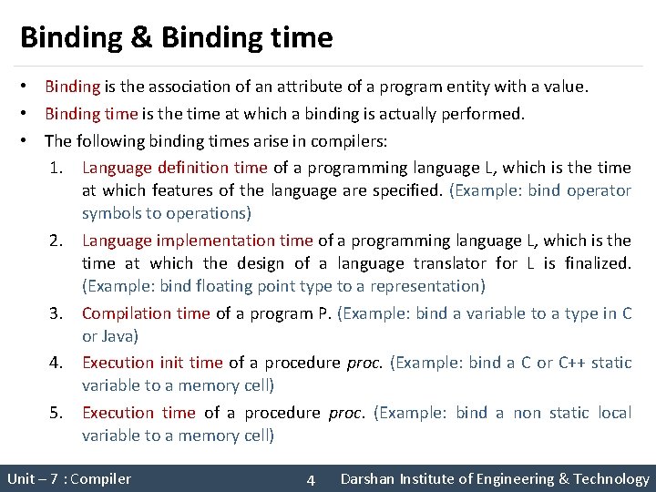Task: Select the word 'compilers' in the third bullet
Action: pyautogui.click(x=352, y=141)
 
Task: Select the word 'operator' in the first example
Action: pyautogui.click(x=599, y=190)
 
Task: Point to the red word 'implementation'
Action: pyautogui.click(x=216, y=241)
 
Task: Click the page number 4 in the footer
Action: pyautogui.click(x=311, y=480)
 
